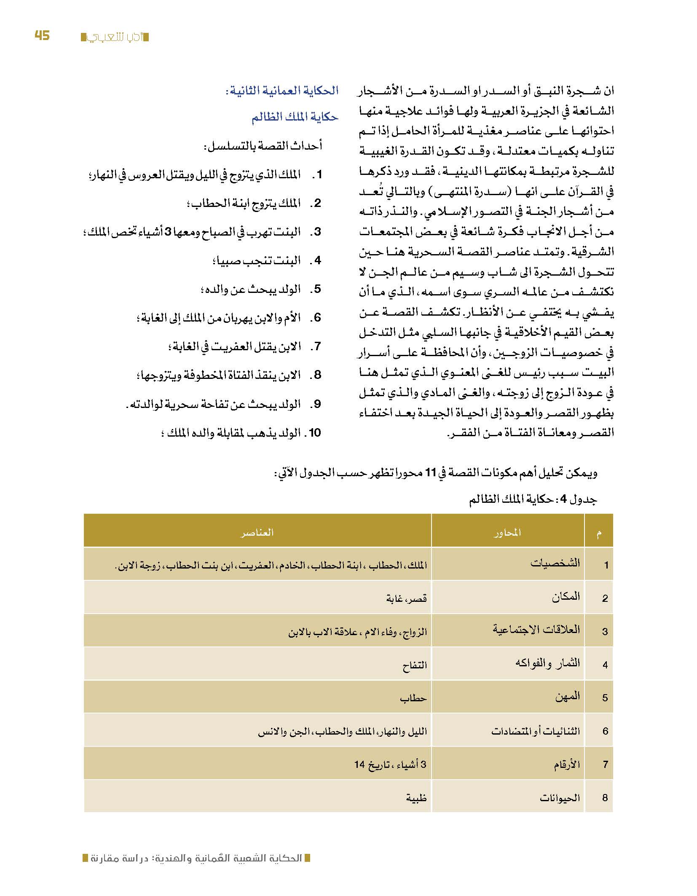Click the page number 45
[42, 36]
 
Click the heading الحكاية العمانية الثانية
[282, 91]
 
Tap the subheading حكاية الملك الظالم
[295, 117]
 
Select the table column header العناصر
[257, 533]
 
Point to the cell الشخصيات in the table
[555, 563]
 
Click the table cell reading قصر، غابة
[407, 598]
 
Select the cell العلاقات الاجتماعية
[536, 630]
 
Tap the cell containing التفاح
[415, 665]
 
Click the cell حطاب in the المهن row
[413, 698]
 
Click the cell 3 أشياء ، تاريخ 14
[390, 764]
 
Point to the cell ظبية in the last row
[416, 798]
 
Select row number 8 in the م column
[605, 798]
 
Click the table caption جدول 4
[533, 500]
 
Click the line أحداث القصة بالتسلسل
[263, 146]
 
